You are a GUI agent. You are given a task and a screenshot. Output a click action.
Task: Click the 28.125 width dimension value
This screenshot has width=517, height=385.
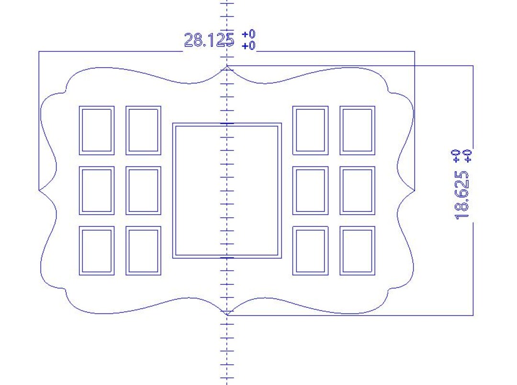[209, 40]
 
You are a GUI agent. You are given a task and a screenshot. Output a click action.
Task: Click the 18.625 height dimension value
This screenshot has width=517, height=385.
[461, 195]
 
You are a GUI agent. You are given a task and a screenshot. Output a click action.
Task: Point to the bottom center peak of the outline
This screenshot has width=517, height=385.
[227, 315]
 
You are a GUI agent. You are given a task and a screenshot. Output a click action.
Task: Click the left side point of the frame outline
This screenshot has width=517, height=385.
[39, 190]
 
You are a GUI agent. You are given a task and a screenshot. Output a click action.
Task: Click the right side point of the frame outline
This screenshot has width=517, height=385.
[415, 190]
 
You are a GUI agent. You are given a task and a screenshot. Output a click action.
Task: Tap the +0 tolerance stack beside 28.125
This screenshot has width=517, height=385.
[248, 40]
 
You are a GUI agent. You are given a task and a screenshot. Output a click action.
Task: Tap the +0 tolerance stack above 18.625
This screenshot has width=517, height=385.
[461, 156]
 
